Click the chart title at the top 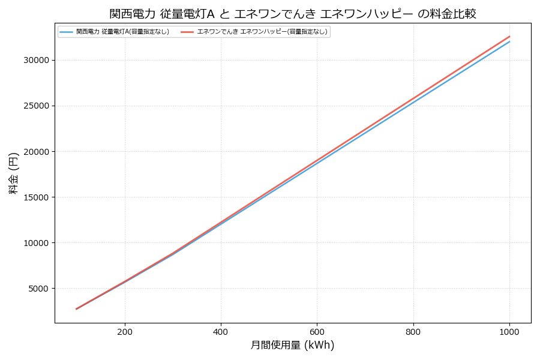coord(293,13)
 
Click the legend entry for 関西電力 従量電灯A coord(122,32)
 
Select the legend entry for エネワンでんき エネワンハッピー coord(262,32)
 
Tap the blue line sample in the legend coord(66,32)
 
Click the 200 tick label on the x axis coord(125,331)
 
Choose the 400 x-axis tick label coord(221,331)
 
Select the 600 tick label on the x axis coord(317,331)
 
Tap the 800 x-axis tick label coord(413,331)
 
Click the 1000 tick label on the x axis coord(509,331)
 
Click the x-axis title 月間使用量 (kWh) coord(292,345)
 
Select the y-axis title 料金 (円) coord(13,173)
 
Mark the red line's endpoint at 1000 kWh coord(509,36)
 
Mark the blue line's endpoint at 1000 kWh coord(509,41)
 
